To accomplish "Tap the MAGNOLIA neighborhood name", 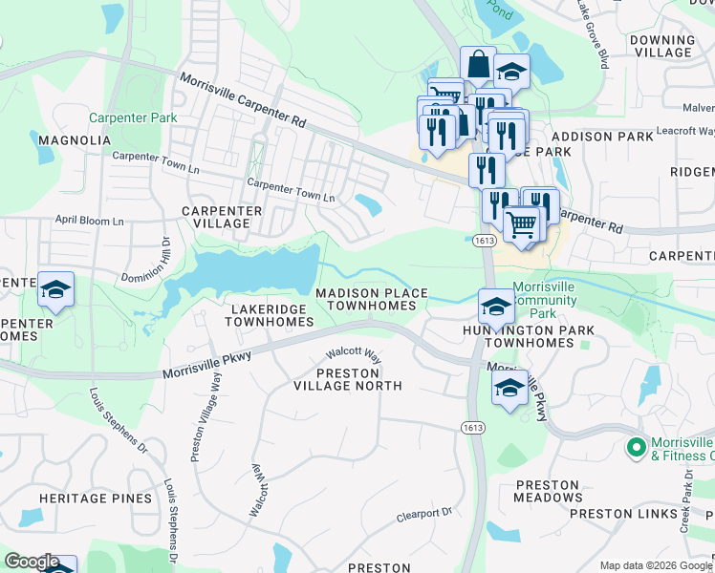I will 75,140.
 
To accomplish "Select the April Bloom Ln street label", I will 89,221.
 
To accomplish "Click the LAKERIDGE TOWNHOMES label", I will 269,316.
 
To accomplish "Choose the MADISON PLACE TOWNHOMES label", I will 371,299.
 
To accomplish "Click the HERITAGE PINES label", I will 95,499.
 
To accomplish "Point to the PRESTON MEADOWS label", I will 548,491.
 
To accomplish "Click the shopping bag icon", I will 478,65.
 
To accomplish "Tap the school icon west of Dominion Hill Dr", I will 55,289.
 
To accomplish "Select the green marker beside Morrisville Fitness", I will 635,447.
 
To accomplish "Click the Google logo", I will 32,562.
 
